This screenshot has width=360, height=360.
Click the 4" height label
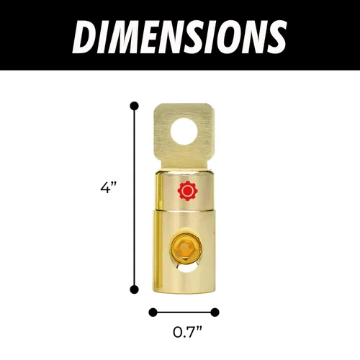(x=109, y=189)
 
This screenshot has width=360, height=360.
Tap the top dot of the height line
(x=134, y=106)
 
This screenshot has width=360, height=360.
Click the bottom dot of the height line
(x=134, y=289)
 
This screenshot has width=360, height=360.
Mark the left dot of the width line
(x=152, y=312)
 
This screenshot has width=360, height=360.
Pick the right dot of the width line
(x=215, y=312)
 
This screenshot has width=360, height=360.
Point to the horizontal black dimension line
(x=184, y=312)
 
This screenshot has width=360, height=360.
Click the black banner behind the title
(x=317, y=36)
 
